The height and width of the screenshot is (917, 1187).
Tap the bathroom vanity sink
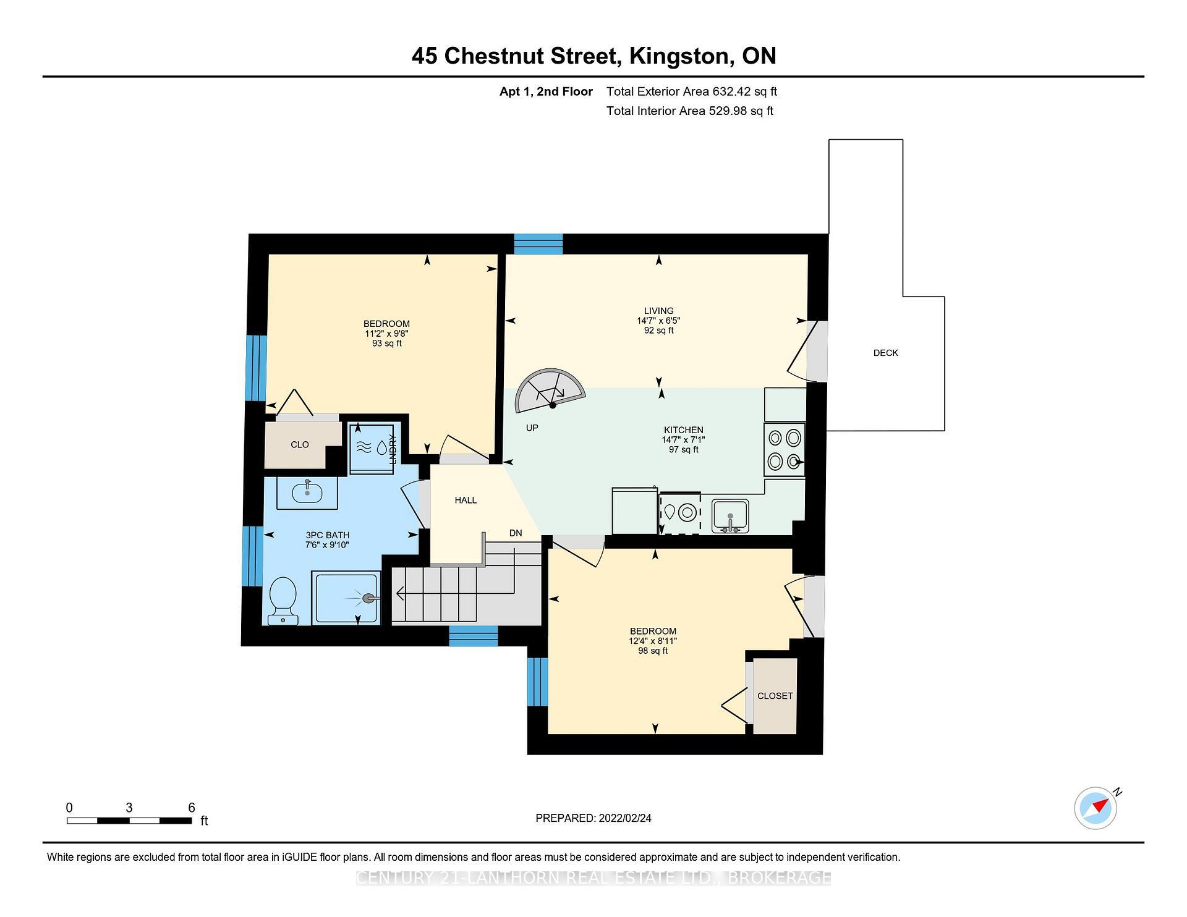(x=307, y=492)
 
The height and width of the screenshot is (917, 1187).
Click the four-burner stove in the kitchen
(x=785, y=449)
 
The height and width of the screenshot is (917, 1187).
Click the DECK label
(x=885, y=353)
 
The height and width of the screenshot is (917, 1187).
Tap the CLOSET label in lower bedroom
(x=775, y=696)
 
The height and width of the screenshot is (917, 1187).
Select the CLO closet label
(x=299, y=445)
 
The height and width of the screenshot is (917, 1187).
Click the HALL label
(x=466, y=500)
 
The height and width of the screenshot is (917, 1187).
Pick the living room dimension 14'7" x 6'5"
(x=658, y=321)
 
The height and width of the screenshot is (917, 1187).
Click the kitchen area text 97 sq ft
(x=683, y=450)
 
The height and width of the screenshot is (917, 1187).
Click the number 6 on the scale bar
(x=192, y=808)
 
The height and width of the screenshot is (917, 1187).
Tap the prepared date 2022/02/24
(x=624, y=818)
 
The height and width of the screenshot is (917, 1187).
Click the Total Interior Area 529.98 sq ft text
(x=689, y=111)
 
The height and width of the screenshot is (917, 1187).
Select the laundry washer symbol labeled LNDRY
(x=372, y=448)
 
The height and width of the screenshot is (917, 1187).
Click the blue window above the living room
(x=538, y=244)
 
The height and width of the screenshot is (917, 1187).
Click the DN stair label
(x=516, y=533)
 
